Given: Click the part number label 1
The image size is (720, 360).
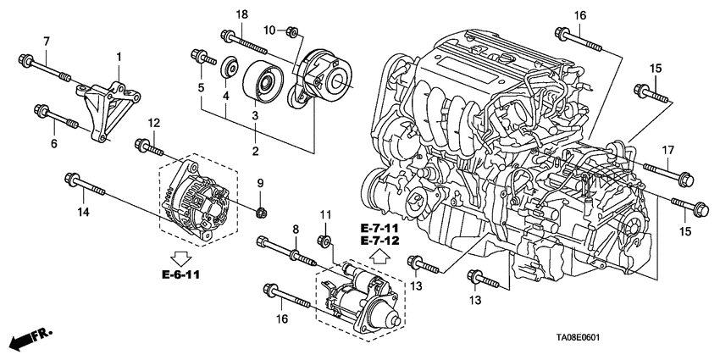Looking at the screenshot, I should pyautogui.click(x=119, y=56).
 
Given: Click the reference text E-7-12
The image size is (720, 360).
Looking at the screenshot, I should pyautogui.click(x=378, y=241).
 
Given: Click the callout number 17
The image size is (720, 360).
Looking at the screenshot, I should pyautogui.click(x=667, y=151).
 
